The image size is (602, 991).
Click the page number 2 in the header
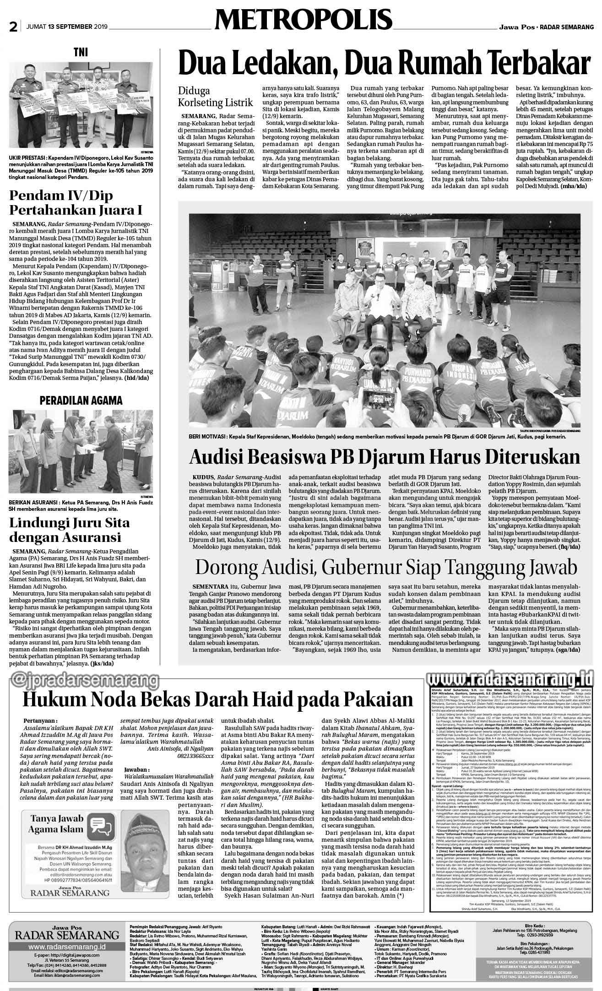tap(13, 27)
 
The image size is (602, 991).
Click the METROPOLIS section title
tap(303, 20)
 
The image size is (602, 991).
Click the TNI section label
tap(81, 53)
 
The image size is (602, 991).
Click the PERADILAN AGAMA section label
tap(81, 400)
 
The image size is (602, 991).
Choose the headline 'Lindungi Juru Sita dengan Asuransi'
tap(69, 530)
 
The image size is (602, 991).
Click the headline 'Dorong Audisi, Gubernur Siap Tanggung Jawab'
tap(385, 567)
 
